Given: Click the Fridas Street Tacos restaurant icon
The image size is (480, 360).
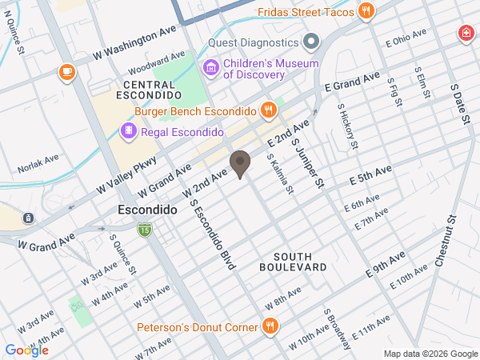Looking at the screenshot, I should [x=366, y=10].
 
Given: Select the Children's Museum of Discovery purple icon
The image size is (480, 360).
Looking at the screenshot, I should [x=211, y=68].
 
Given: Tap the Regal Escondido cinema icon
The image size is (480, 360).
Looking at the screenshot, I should [x=128, y=131].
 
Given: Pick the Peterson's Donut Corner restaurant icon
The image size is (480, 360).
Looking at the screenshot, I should [x=270, y=326].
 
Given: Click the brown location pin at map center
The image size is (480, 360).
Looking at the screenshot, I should [x=239, y=165].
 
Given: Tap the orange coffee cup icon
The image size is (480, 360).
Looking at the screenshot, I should [x=66, y=73].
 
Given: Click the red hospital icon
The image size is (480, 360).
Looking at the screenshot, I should [x=464, y=34].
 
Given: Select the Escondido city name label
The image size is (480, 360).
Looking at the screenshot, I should [x=147, y=210].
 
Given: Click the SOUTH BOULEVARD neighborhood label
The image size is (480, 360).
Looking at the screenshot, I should [x=293, y=261].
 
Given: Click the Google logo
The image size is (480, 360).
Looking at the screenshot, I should [x=26, y=350].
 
